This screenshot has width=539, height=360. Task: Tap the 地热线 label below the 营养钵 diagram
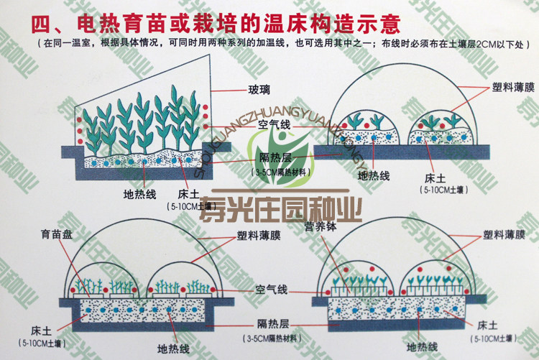click(x=422, y=347)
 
